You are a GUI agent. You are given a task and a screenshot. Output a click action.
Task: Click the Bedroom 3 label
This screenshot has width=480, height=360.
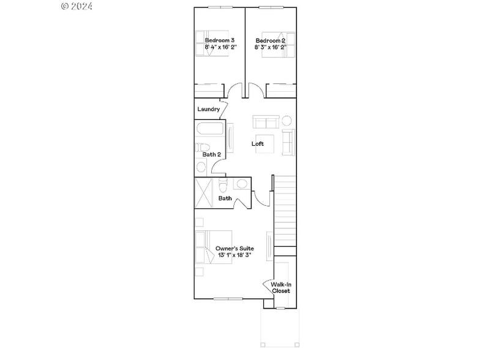(219, 40)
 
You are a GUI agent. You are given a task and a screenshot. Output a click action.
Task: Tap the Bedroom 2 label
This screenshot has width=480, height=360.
(271, 40)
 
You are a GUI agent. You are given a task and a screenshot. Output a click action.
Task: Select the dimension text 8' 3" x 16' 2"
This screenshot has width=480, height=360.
(271, 47)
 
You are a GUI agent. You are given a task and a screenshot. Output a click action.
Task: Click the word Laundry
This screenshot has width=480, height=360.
(208, 109)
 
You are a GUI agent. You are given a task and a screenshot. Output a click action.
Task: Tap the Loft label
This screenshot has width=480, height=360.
(258, 144)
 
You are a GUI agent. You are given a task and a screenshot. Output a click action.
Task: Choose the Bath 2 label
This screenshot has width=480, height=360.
(212, 154)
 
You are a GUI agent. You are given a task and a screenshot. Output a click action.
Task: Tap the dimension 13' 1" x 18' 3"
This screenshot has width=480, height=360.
(234, 255)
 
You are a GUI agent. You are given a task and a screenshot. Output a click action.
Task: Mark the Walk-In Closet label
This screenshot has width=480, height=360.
(280, 288)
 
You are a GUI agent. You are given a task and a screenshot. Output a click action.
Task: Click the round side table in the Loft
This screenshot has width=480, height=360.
(285, 119)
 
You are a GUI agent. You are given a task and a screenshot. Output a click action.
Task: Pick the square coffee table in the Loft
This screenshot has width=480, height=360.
(264, 140)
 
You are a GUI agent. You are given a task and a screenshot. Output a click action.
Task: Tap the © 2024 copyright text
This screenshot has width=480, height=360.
(77, 6)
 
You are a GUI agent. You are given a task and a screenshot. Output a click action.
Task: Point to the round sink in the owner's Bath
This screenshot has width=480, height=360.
(242, 184)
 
